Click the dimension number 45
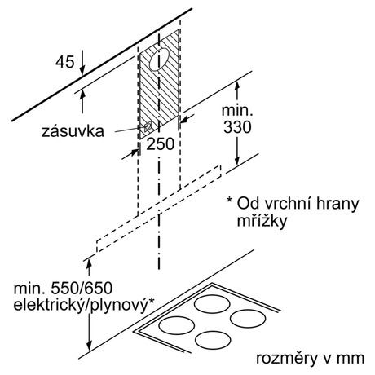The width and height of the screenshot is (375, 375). [64, 62]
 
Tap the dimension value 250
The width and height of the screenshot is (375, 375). [161, 143]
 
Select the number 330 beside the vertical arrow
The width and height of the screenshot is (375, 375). [237, 127]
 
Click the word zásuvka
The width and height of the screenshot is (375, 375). [73, 131]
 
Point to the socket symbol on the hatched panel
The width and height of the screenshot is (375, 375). [148, 126]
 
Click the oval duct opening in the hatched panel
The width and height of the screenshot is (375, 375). [160, 60]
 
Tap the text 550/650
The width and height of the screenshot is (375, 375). [82, 289]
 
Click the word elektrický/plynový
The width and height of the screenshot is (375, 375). [82, 305]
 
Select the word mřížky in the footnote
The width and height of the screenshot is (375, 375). [262, 221]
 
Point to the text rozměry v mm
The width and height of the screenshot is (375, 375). [310, 359]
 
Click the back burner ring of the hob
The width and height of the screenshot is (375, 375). [212, 303]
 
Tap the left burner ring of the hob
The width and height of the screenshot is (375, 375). [177, 325]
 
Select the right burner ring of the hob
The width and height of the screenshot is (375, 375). [248, 318]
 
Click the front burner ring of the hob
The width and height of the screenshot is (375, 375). [213, 341]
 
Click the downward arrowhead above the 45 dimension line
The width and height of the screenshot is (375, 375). [82, 69]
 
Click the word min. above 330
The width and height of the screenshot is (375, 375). [237, 110]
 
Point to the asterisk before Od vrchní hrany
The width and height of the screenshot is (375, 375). [230, 201]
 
